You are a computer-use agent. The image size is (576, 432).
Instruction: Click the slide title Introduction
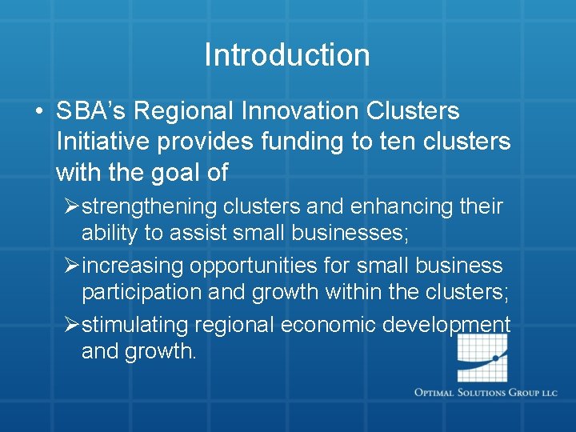pyautogui.click(x=287, y=55)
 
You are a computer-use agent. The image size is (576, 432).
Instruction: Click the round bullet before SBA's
pyautogui.click(x=38, y=112)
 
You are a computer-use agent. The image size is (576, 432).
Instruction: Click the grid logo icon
pyautogui.click(x=482, y=358)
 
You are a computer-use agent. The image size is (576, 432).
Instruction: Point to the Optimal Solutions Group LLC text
pyautogui.click(x=486, y=393)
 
